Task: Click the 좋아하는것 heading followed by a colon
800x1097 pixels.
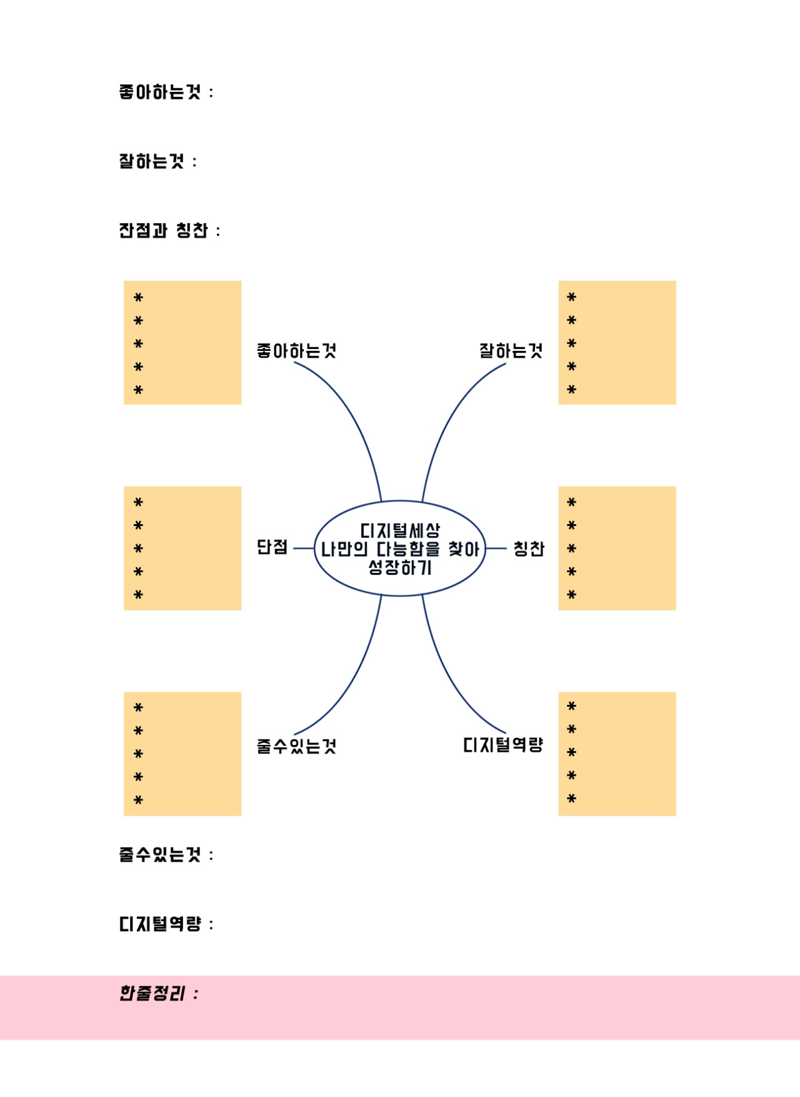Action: coord(166,93)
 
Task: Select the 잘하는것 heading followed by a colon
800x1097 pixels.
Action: coord(158,161)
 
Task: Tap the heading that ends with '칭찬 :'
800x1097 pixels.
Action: coord(169,231)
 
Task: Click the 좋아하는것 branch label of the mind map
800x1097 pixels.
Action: coord(296,351)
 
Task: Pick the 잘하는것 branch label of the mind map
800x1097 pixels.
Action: coord(511,351)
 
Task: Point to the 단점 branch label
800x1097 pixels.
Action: coord(272,547)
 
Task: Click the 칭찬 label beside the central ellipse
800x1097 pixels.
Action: coord(529,548)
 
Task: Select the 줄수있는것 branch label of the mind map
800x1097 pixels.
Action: coord(296,746)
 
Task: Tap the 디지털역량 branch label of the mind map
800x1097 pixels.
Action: coord(503,745)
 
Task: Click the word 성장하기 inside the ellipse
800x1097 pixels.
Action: coord(400,568)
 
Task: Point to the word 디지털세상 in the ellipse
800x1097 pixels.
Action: coord(400,530)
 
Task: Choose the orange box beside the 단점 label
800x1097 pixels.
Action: coord(182,548)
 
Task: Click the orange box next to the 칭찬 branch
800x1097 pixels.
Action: coord(617,548)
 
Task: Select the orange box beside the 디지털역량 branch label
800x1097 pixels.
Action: coord(617,754)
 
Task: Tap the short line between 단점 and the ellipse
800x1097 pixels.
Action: coord(304,548)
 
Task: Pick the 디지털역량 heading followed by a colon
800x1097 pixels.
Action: coord(166,924)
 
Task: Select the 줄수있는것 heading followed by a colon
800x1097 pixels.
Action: coord(166,854)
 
